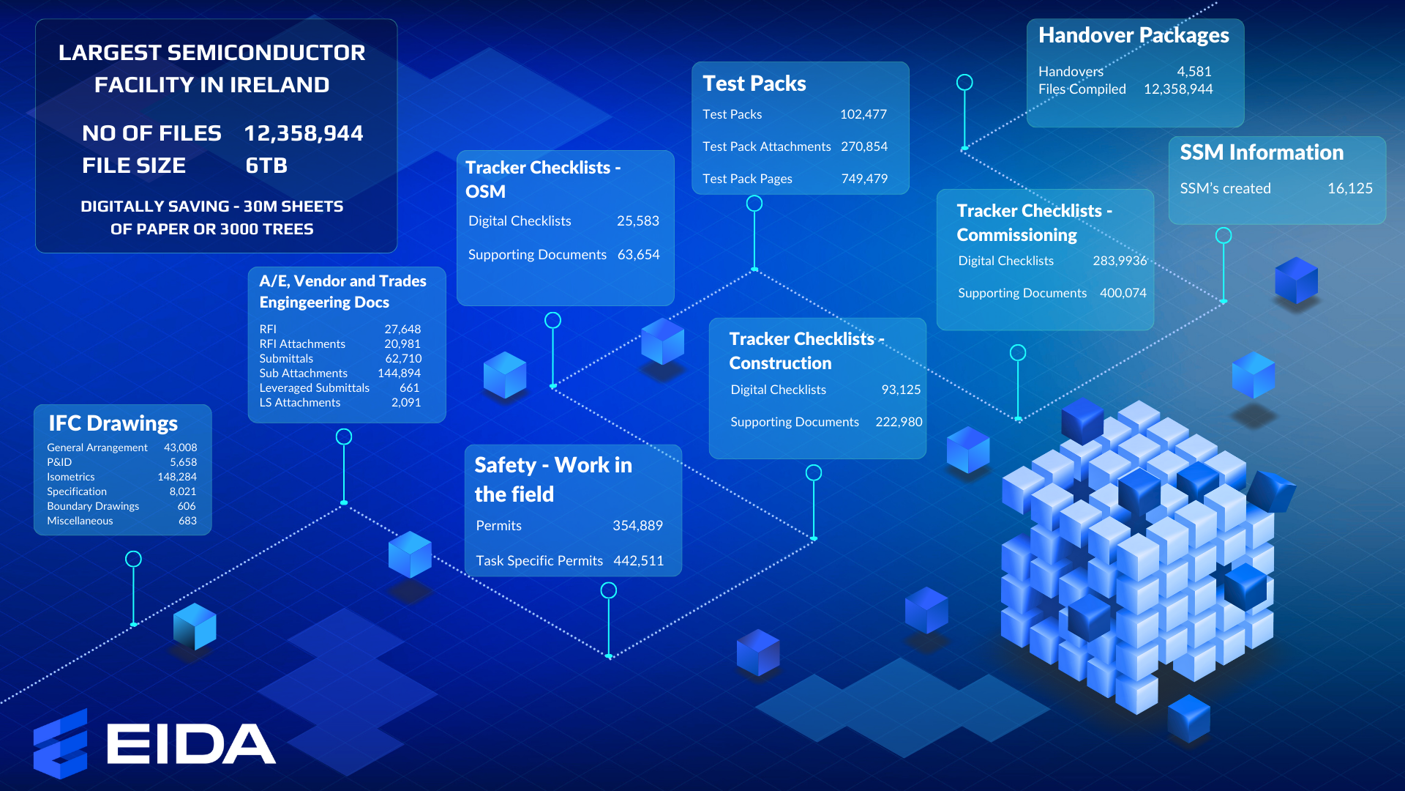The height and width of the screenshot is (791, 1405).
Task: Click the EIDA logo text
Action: coord(191,744)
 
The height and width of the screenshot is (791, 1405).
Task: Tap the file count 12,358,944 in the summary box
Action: coord(303,133)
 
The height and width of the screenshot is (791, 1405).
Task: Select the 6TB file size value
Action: coord(266,166)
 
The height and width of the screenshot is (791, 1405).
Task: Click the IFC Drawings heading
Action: coord(113,423)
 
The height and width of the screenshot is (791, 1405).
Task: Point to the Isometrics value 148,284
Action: coord(177,477)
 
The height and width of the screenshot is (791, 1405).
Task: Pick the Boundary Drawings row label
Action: coord(93,506)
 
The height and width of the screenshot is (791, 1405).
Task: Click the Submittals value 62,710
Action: coord(403,359)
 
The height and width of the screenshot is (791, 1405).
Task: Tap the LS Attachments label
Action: coord(299,403)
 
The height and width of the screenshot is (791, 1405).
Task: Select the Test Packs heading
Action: coord(754,83)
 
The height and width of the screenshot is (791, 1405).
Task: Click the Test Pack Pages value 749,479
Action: coord(864,179)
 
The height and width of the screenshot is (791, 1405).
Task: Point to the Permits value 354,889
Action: coord(637,526)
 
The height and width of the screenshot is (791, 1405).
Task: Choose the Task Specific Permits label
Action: coord(539,561)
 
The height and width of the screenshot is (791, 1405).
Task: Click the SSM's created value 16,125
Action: coord(1349,188)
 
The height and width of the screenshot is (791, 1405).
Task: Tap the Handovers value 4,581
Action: coord(1194,72)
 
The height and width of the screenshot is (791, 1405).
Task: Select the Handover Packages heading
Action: coord(1134,35)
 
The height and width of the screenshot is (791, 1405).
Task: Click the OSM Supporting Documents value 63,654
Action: coord(638,255)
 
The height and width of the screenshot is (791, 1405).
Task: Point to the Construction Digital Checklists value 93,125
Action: coord(900,390)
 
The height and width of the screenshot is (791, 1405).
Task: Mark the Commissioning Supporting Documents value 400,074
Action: coord(1123,293)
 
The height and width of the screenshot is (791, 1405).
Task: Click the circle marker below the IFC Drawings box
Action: coord(133,560)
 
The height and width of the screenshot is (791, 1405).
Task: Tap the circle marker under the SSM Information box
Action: coord(1224,236)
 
